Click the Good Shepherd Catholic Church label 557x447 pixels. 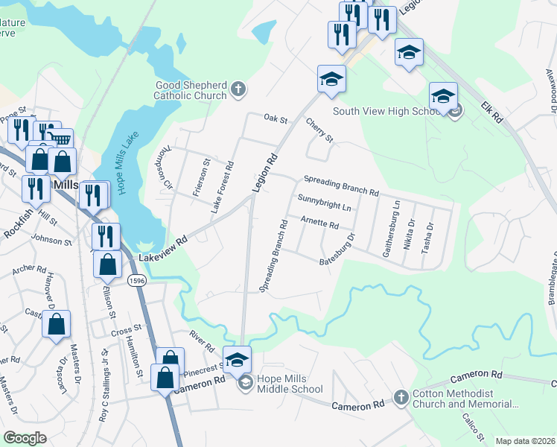click(x=190, y=90)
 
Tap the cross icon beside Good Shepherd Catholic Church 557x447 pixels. click(x=238, y=90)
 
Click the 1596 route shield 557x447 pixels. click(x=136, y=280)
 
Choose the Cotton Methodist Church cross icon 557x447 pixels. click(x=401, y=397)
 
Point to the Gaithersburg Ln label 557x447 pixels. click(x=392, y=228)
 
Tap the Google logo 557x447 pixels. click(x=25, y=438)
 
